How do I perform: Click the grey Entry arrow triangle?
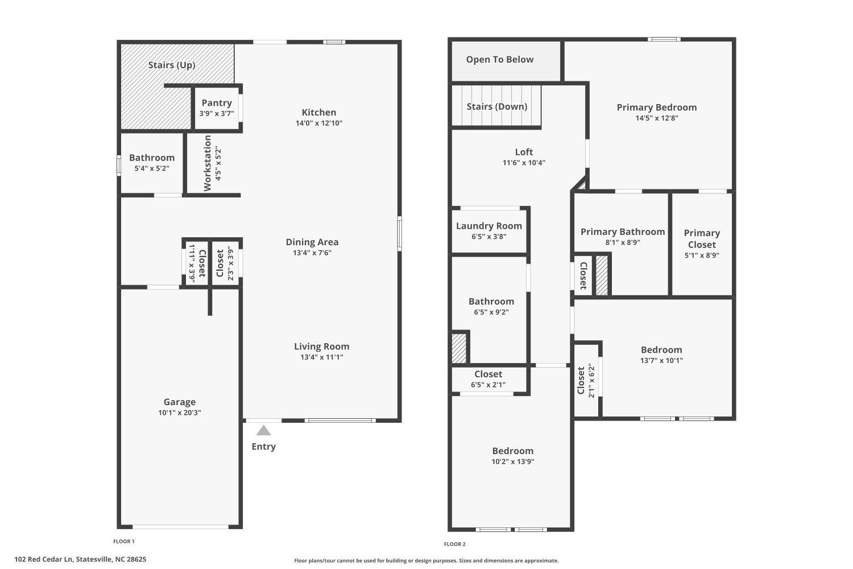[263, 431]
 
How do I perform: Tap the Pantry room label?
[217, 103]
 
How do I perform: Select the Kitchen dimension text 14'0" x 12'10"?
[318, 123]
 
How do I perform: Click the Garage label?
[180, 402]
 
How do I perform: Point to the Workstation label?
[208, 163]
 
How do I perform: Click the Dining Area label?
[312, 242]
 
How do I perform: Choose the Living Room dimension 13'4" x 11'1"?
[322, 357]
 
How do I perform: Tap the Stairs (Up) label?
[172, 65]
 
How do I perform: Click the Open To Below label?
[500, 59]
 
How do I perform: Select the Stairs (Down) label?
[496, 106]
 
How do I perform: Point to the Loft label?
[524, 152]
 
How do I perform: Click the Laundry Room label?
[489, 226]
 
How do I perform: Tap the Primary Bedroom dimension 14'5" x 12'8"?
[657, 118]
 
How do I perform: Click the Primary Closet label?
[702, 239]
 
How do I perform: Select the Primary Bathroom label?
[623, 232]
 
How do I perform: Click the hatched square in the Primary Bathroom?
[602, 275]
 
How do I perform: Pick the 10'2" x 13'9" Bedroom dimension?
[513, 462]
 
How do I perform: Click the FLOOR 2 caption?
[455, 545]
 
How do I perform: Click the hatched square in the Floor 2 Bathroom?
[459, 348]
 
